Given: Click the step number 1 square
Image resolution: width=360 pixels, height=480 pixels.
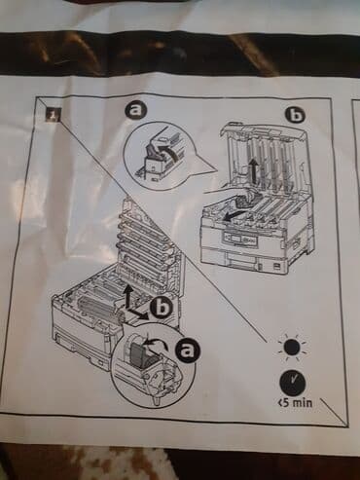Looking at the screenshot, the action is point(53,115).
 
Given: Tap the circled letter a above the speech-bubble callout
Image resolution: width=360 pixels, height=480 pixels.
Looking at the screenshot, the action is point(136,111).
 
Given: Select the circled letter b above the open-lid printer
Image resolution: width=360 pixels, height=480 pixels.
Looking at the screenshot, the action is point(296,115).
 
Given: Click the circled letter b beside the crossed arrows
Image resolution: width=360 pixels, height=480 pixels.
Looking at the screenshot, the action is point(162,307).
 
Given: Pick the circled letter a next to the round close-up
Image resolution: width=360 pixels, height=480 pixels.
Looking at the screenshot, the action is point(187,352).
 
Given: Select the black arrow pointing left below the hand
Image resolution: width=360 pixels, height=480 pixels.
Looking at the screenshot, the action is point(235,215).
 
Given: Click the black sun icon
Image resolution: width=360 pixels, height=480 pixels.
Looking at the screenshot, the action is point(292,348).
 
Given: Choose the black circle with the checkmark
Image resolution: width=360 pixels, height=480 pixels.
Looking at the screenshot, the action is point(293,383).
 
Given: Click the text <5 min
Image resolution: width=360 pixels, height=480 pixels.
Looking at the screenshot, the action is point(296,403).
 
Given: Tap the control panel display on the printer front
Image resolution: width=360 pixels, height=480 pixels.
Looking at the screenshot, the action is point(232,240).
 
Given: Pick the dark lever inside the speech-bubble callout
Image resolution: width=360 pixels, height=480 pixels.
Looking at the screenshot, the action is point(153,153).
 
